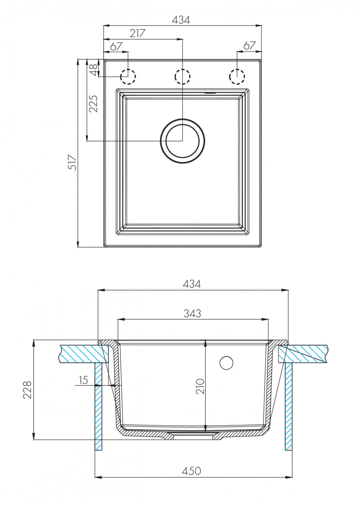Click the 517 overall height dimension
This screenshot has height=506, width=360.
(72, 162)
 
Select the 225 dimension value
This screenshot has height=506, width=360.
(93, 104)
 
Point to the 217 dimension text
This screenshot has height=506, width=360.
(137, 33)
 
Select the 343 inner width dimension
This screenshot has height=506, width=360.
(192, 314)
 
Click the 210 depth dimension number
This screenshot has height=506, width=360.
(200, 386)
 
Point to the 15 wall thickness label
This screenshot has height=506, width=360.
(83, 380)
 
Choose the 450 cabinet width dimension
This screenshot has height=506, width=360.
(192, 471)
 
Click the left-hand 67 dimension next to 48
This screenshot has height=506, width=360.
(116, 46)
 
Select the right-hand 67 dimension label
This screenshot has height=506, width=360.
(249, 46)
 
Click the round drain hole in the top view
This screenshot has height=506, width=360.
(182, 141)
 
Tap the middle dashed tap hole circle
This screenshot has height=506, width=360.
(182, 76)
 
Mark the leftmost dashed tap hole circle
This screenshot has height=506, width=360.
(128, 76)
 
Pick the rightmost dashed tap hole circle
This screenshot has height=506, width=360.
(237, 76)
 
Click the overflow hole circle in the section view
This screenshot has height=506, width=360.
(226, 363)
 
